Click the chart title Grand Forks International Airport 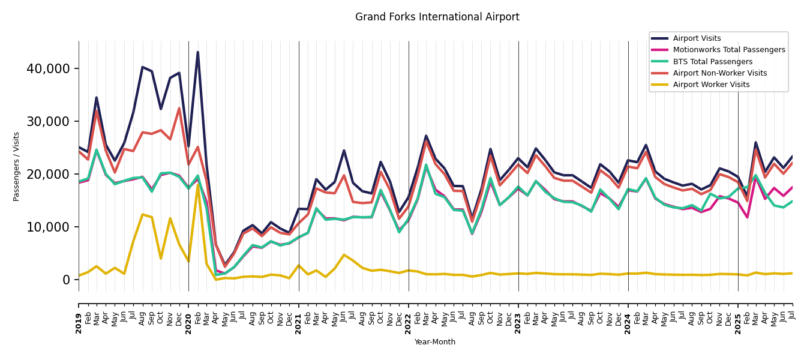pyautogui.click(x=437, y=17)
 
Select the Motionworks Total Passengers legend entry pyautogui.click(x=728, y=50)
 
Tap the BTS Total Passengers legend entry pyautogui.click(x=712, y=62)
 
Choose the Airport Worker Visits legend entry pyautogui.click(x=711, y=85)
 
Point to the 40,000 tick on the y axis pyautogui.click(x=48, y=69)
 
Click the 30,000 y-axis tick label pyautogui.click(x=48, y=122)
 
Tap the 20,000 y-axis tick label pyautogui.click(x=48, y=175)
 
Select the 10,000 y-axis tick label pyautogui.click(x=48, y=227)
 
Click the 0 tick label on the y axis pyautogui.click(x=67, y=280)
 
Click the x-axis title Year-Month pyautogui.click(x=435, y=342)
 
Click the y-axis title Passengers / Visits pyautogui.click(x=17, y=166)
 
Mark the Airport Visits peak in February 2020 pyautogui.click(x=197, y=52)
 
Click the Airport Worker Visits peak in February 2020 pyautogui.click(x=197, y=184)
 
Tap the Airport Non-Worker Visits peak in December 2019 pyautogui.click(x=179, y=109)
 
